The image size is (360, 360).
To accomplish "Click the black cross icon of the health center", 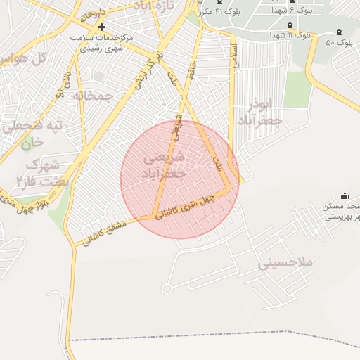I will [101, 27].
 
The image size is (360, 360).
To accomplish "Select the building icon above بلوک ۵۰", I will [340, 32].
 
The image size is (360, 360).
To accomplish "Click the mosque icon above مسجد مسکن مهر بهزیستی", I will [344, 195].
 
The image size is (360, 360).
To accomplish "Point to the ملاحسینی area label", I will [284, 264].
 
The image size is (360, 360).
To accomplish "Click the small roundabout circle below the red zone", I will [167, 288].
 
